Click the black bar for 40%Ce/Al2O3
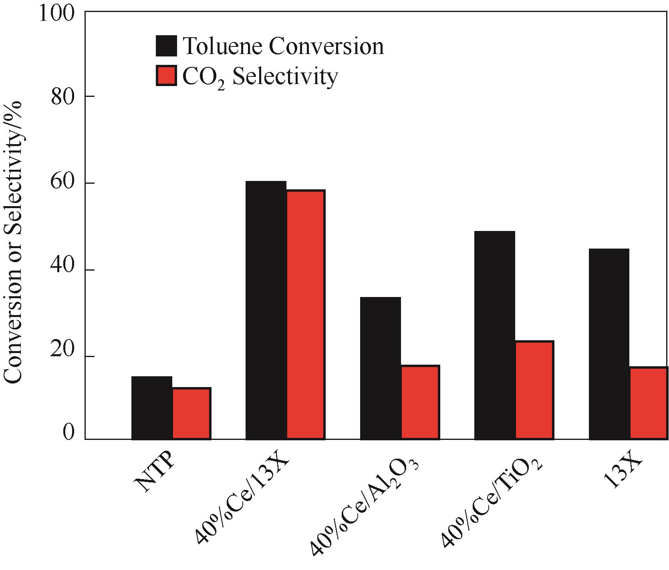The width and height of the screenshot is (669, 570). pyautogui.click(x=380, y=368)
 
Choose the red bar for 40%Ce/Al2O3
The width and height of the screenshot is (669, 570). pyautogui.click(x=420, y=402)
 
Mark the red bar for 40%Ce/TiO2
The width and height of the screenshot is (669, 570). pyautogui.click(x=534, y=390)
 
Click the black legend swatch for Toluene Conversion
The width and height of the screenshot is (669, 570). pyautogui.click(x=166, y=46)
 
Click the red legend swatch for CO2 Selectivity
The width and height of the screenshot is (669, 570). pyautogui.click(x=166, y=75)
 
